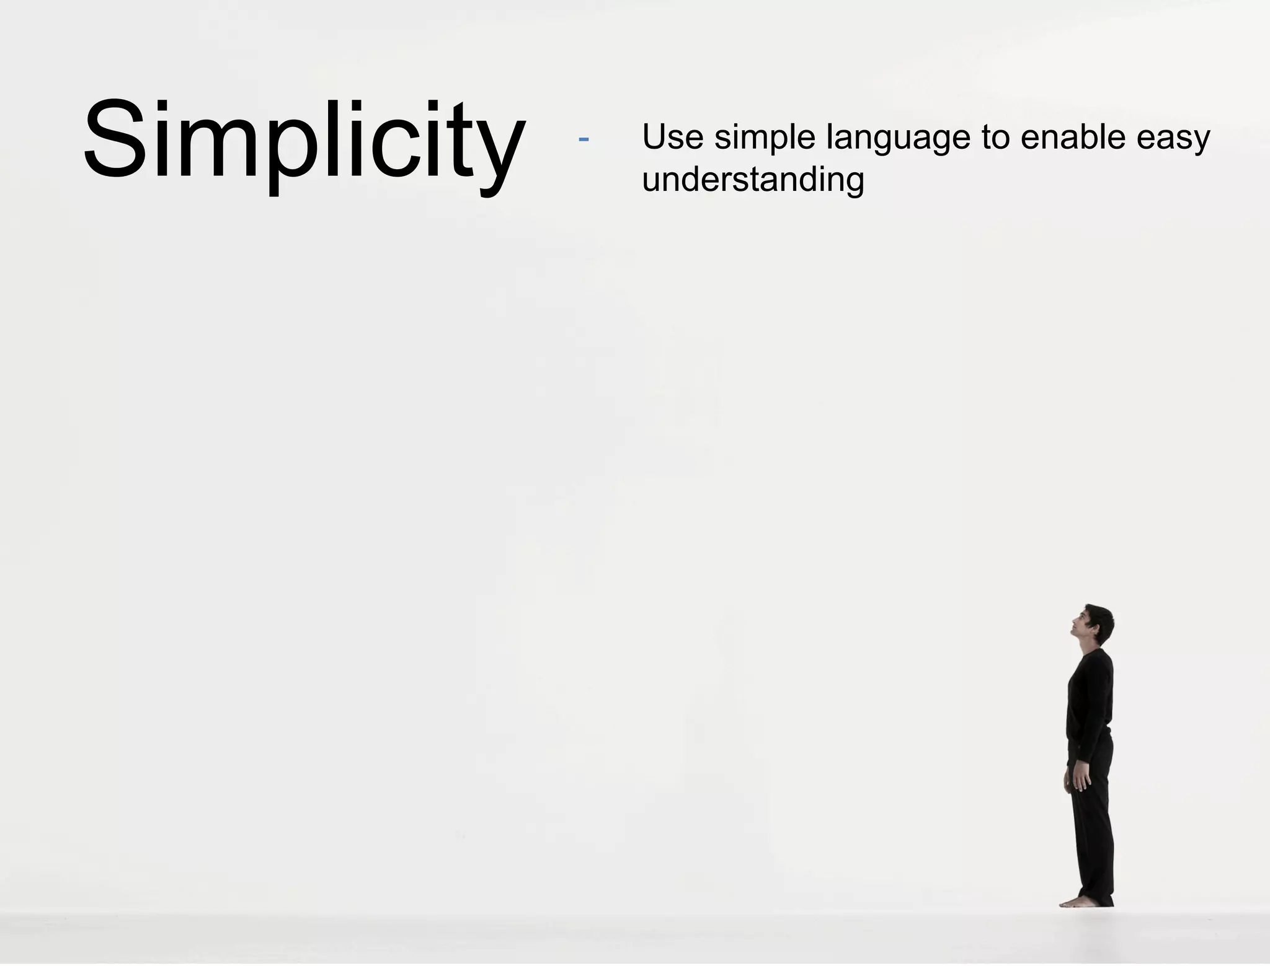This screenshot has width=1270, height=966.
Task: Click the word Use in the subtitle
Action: (x=672, y=137)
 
